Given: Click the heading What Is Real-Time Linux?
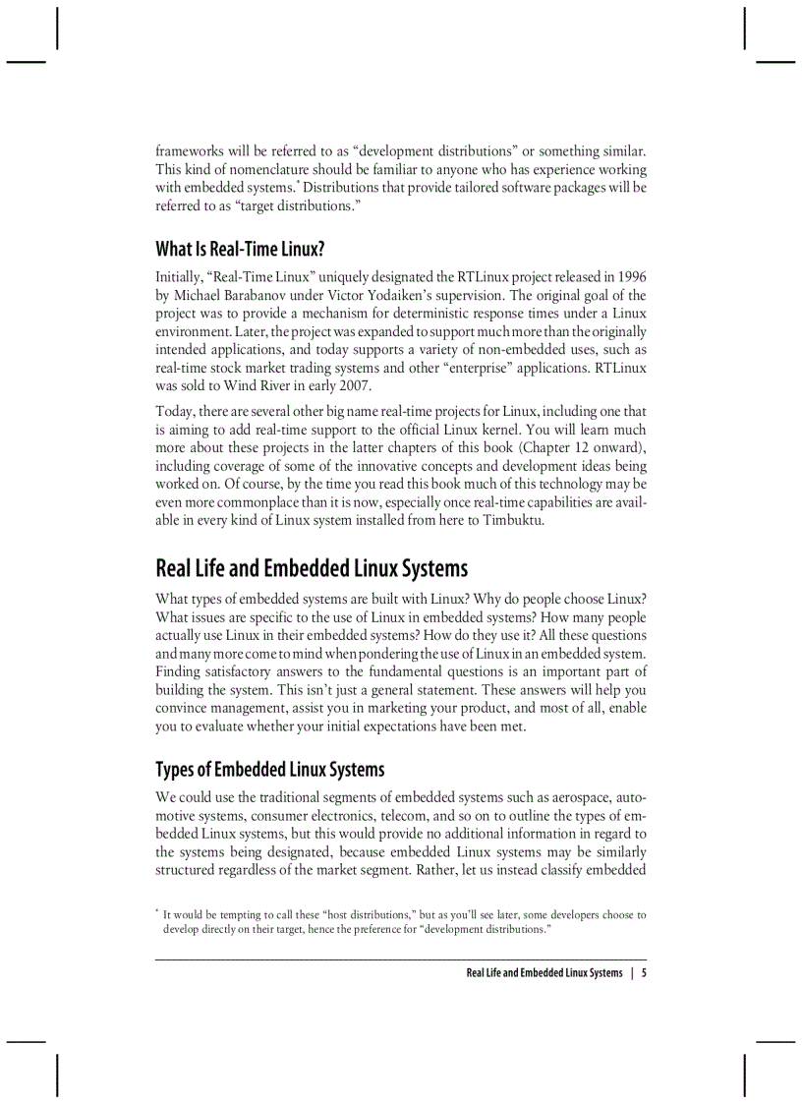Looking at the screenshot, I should tap(240, 249).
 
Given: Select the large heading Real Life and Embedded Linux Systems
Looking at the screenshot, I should tap(312, 568).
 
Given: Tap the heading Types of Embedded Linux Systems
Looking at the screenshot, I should tap(269, 769).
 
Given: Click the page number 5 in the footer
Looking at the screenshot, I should tap(644, 973).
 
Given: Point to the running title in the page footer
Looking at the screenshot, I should tap(544, 973).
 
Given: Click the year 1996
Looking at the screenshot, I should tap(629, 277).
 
